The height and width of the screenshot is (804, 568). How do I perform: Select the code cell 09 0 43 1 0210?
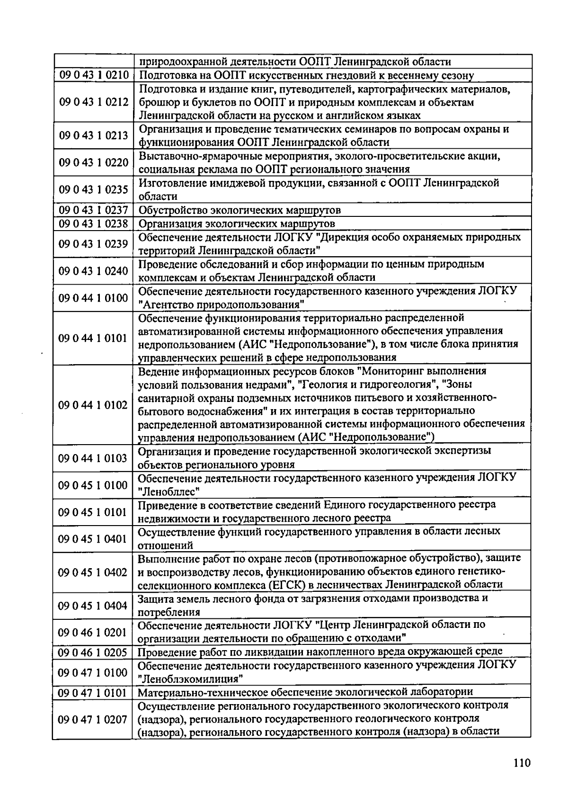click(x=94, y=75)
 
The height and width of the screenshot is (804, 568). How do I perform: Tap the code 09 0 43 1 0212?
click(x=94, y=102)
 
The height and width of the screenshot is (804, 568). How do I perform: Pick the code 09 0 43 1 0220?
click(x=94, y=162)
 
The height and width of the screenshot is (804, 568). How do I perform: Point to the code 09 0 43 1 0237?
click(x=94, y=210)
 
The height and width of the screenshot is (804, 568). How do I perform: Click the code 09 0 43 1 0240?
click(x=94, y=271)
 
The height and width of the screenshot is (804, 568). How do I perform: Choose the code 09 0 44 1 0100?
click(x=94, y=298)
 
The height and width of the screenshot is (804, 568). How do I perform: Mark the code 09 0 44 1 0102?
click(x=93, y=405)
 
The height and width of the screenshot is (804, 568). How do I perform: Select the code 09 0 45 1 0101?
click(x=93, y=512)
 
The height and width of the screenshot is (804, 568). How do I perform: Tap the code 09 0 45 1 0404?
click(x=93, y=606)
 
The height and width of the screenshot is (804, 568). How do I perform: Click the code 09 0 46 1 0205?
click(x=93, y=652)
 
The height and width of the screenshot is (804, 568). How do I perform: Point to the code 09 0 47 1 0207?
click(x=93, y=720)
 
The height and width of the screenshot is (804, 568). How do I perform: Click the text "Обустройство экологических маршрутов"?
click(x=240, y=210)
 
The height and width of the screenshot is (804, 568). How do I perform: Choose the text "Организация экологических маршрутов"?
click(x=237, y=223)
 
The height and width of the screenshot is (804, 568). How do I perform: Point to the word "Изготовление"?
click(x=169, y=183)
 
